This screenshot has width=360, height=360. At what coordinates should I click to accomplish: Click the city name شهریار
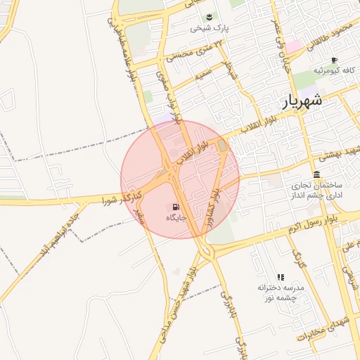click(x=302, y=100)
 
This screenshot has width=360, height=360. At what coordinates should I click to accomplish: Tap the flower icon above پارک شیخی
click(x=208, y=17)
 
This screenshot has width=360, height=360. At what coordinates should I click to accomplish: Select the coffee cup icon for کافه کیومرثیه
click(x=334, y=60)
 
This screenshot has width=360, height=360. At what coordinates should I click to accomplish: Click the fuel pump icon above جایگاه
click(x=174, y=207)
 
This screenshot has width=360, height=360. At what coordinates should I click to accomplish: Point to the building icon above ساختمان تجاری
click(x=316, y=174)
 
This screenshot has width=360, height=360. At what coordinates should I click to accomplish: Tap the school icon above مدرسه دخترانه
click(x=281, y=277)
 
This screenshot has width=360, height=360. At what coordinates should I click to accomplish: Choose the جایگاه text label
click(x=174, y=219)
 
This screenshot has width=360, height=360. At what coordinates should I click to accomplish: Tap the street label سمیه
click(x=206, y=73)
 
